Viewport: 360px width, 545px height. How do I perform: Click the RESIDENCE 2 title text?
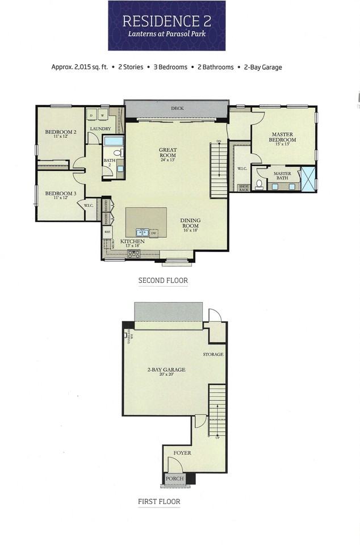tap(166, 22)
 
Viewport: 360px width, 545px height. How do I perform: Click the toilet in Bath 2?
tap(118, 152)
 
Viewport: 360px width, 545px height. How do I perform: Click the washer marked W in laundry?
tap(103, 115)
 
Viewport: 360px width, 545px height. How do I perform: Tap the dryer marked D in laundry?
tap(92, 115)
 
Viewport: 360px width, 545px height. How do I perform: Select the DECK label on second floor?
tap(177, 108)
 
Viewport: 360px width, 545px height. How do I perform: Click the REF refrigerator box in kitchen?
tap(107, 232)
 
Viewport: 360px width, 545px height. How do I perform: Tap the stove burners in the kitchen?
tap(133, 254)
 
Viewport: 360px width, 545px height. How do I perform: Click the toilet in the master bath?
tap(259, 184)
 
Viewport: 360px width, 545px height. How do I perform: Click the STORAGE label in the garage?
tap(213, 354)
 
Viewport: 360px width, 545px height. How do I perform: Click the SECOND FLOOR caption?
tap(163, 280)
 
